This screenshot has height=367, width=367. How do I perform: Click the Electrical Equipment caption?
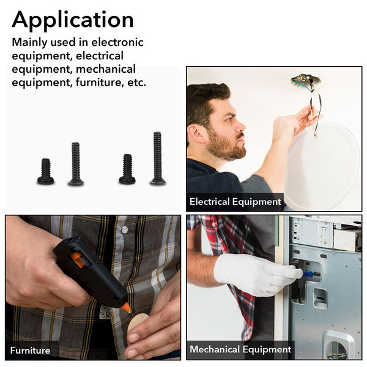pos(235,202)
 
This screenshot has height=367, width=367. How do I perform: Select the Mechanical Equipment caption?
pos(240,349)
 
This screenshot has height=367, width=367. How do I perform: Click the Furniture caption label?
pos(30,350)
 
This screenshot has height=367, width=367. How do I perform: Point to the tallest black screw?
pos(158,158)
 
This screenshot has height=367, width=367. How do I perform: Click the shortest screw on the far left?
pos(46,171)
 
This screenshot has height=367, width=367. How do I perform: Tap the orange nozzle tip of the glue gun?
pos(127,307)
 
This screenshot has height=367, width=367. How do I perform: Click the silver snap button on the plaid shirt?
pos(125,230)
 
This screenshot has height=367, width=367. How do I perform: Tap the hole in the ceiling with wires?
pos(305,80)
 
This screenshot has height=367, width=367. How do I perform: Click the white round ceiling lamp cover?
pos(323,166)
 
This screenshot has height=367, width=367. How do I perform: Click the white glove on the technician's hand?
pos(256,274)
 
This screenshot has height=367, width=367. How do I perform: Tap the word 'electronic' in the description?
pos(117,42)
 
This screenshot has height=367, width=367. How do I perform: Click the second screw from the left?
pos(76,164)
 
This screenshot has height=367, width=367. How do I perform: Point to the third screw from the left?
pos(127,169)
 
